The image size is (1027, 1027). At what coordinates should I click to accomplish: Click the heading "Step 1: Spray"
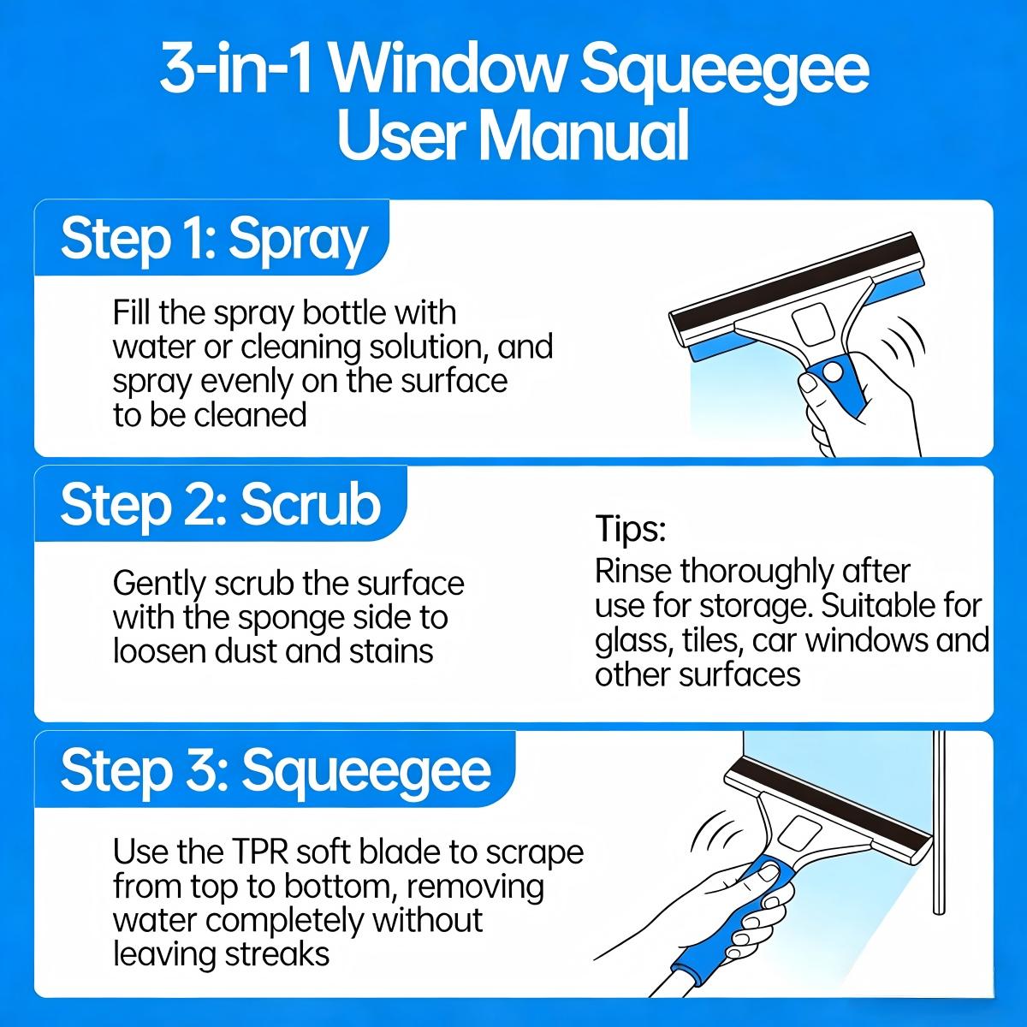pyautogui.click(x=214, y=240)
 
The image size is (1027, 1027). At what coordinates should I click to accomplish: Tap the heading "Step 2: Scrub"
pyautogui.click(x=220, y=505)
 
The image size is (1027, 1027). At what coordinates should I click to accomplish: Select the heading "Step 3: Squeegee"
pyautogui.click(x=276, y=770)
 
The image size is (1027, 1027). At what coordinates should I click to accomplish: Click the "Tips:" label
pyautogui.click(x=630, y=529)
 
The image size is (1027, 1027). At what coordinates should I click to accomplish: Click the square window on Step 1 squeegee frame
pyautogui.click(x=813, y=325)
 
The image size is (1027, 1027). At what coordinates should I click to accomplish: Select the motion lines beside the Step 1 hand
pyautogui.click(x=903, y=342)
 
